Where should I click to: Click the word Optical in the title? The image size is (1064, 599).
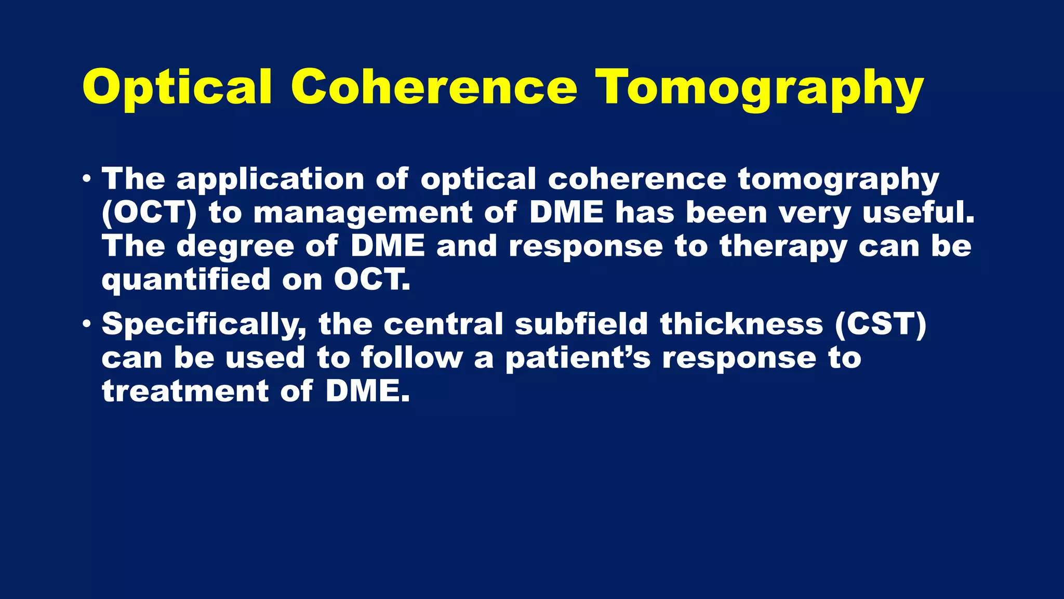177,87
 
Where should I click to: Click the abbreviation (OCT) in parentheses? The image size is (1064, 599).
149,213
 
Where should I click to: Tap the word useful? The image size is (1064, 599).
918,213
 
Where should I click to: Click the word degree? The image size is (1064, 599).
235,247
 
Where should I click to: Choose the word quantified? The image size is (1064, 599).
186,281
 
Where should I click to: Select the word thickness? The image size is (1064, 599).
741,324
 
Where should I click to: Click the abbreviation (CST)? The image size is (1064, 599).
880,324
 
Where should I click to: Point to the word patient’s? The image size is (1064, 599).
578,359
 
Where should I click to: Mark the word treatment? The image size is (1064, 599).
185,391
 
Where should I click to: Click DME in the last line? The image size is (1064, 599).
367,391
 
